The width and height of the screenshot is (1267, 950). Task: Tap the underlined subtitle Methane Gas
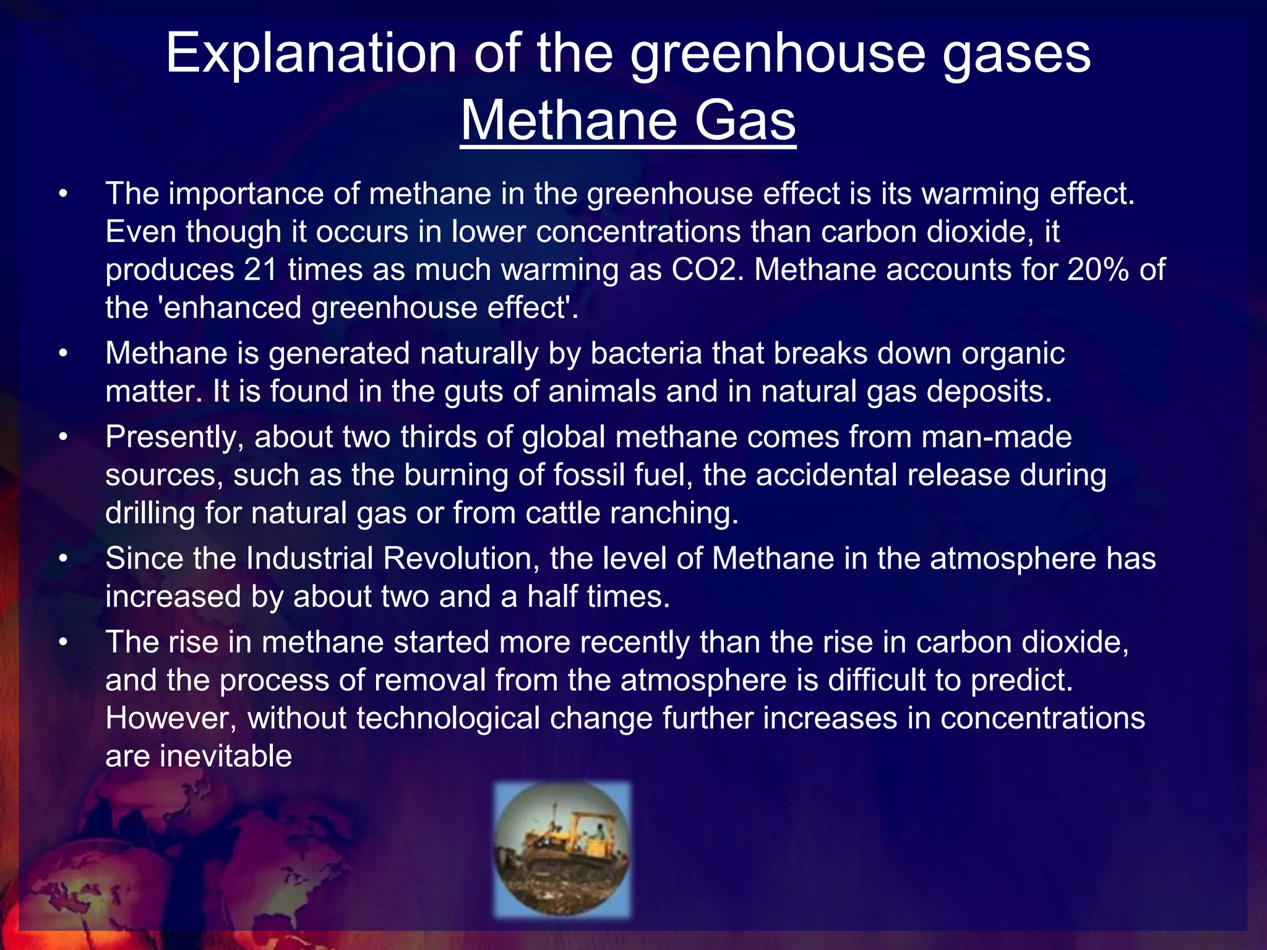tap(628, 121)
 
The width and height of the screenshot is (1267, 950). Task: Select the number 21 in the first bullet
tap(260, 270)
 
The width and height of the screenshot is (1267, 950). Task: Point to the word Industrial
tap(309, 559)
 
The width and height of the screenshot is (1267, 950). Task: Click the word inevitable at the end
tap(225, 756)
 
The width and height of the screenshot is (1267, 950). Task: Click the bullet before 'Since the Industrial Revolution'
tap(62, 559)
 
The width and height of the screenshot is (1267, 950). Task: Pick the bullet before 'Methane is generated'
tap(62, 354)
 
